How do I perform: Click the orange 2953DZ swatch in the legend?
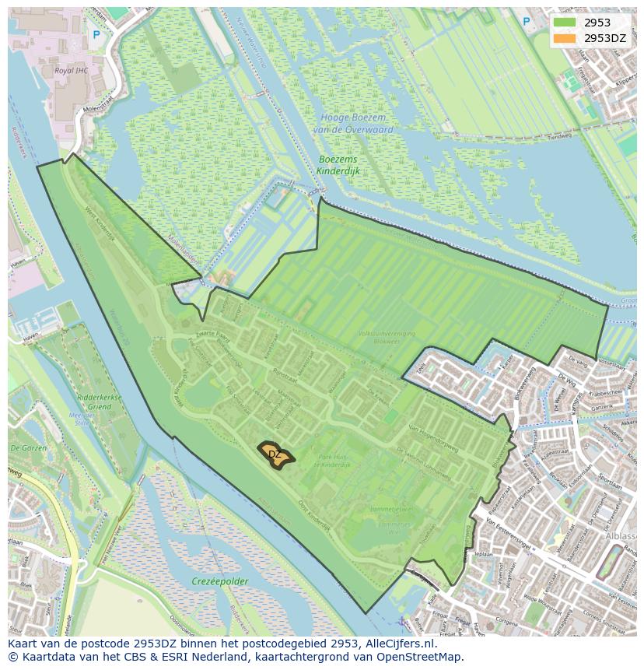(x=565, y=38)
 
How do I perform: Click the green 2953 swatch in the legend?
(x=565, y=23)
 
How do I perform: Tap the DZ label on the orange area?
(x=275, y=454)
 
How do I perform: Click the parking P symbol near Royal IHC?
(x=96, y=34)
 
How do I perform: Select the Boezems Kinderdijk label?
(x=338, y=164)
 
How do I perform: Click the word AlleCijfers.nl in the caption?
(x=395, y=644)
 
